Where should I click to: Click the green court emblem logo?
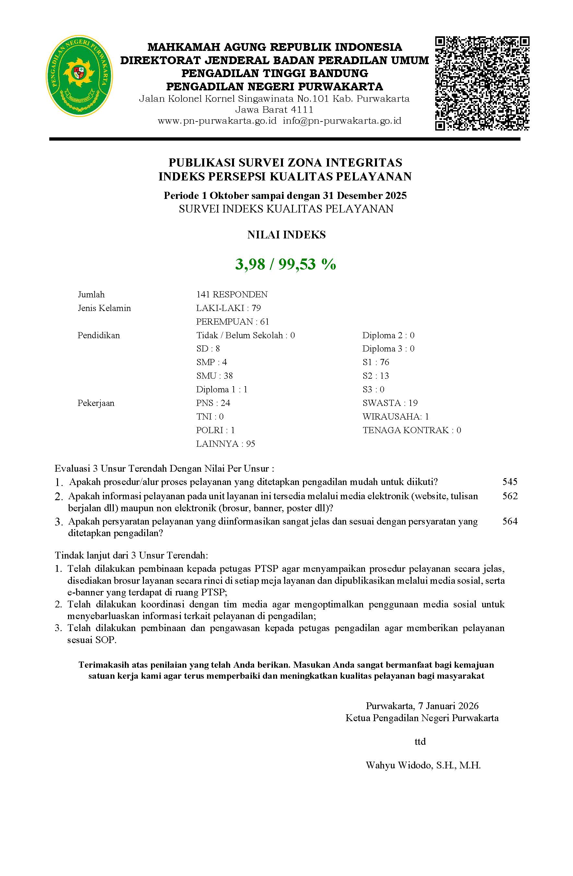[79, 76]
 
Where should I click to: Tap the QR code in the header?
[482, 83]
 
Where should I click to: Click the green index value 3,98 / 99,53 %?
[286, 264]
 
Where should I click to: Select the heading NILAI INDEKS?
[286, 235]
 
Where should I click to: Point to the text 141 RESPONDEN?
[232, 294]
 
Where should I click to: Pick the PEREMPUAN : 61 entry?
[232, 322]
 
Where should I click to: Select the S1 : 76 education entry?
[376, 362]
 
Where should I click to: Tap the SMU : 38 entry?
[214, 376]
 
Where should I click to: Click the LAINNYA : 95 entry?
[225, 444]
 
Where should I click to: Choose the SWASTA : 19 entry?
[390, 403]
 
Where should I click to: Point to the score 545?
[510, 482]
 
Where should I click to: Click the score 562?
[510, 496]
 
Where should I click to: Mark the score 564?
[510, 521]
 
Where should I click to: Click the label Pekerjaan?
[96, 403]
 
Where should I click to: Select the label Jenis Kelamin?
[104, 308]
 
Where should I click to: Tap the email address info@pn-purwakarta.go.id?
[342, 121]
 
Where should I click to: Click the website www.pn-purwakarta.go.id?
[217, 121]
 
